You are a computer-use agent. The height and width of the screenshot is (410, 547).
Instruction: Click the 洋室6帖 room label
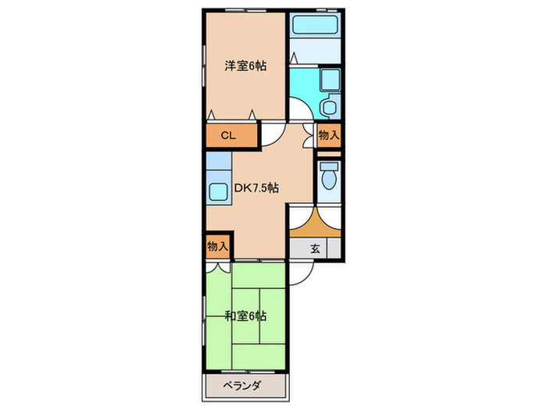(245, 66)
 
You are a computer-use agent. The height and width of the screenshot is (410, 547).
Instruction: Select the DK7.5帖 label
(257, 188)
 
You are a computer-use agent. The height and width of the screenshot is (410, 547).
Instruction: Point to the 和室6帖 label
(245, 316)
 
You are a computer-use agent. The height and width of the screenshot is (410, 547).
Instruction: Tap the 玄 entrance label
(316, 249)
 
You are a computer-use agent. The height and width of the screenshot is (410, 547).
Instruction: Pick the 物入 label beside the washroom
(329, 135)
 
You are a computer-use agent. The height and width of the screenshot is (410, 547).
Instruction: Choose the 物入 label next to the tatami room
(218, 246)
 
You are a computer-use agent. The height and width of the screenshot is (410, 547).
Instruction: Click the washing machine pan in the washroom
(329, 80)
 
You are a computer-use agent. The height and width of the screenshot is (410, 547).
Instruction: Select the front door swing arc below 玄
(303, 269)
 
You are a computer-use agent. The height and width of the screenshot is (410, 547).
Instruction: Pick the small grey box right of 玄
(334, 249)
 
